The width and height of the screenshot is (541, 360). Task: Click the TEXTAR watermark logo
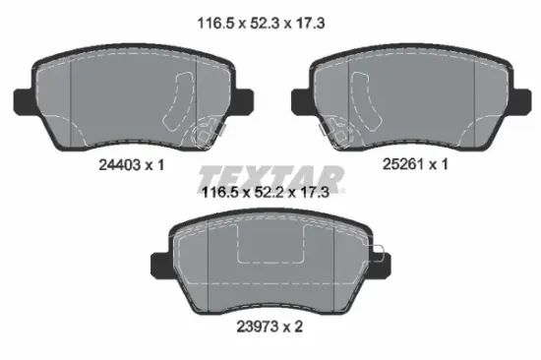coord(271,180)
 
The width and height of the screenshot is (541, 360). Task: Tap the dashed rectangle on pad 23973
coord(270,246)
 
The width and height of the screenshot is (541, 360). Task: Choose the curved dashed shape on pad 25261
coord(361,102)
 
